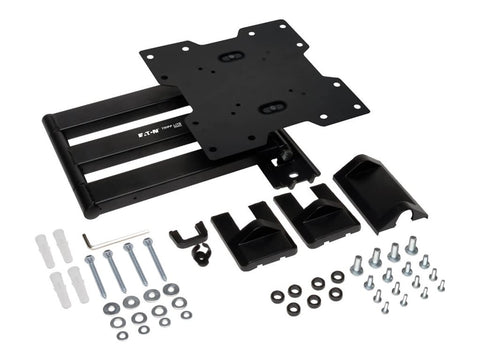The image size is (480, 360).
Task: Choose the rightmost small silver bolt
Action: pyautogui.click(x=440, y=286)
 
